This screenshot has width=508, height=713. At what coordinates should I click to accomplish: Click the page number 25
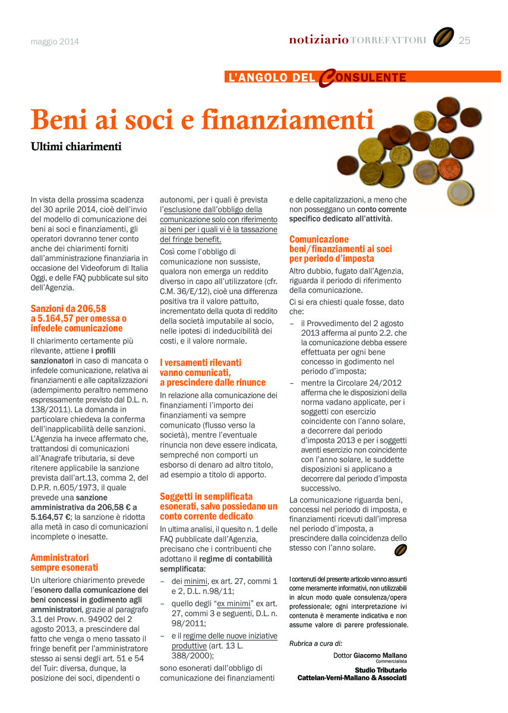[x=464, y=40]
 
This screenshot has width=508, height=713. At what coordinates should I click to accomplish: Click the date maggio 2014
[x=55, y=42]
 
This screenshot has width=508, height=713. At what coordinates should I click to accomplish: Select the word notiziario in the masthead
[x=318, y=40]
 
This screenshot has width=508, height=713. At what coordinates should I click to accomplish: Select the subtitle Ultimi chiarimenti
[x=76, y=146]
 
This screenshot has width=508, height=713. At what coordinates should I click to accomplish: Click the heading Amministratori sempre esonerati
[x=64, y=562]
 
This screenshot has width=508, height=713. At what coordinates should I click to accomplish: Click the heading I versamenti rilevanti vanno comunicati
[x=213, y=372]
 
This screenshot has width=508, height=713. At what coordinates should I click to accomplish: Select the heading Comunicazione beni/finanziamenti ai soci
[x=340, y=249]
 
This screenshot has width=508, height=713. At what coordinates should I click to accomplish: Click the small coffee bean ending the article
[x=400, y=551]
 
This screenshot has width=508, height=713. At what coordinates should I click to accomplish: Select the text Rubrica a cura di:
[x=315, y=643]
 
